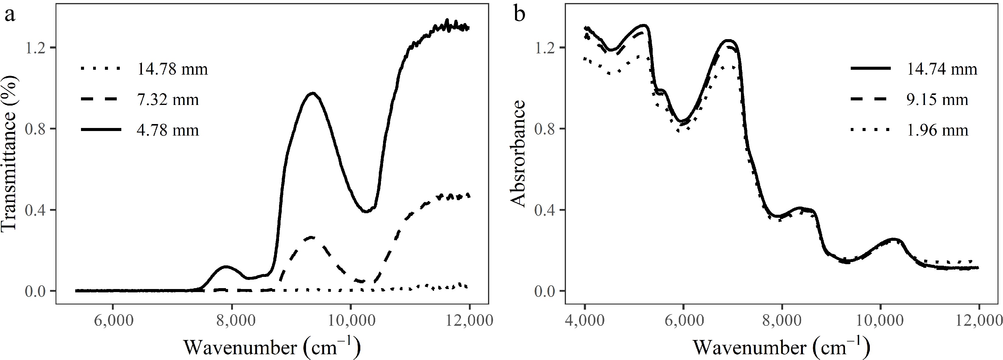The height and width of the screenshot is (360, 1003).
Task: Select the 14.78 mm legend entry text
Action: [x=173, y=69]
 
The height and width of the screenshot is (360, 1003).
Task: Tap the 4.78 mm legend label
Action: [x=168, y=130]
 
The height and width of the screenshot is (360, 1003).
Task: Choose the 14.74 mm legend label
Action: [x=942, y=69]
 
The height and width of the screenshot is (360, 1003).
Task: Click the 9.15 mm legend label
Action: [x=937, y=100]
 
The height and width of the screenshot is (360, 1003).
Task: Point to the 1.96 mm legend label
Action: [x=937, y=130]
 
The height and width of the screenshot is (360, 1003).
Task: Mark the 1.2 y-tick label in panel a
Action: [x=36, y=48]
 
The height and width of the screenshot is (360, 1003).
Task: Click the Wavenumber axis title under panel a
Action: [x=272, y=346]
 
